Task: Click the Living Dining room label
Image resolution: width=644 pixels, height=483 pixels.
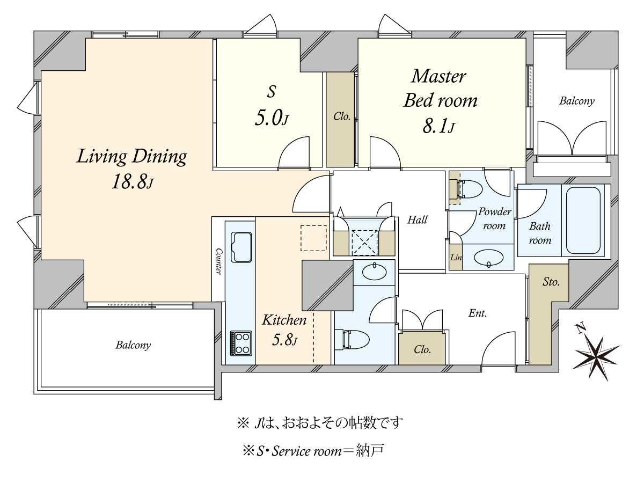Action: pos(131,157)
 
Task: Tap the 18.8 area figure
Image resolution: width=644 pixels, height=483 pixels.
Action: pos(133,182)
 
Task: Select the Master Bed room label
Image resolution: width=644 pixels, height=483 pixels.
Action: pos(440,88)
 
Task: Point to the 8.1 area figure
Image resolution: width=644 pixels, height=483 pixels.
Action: pos(438,127)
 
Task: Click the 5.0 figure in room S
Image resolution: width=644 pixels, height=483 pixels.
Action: pos(272,118)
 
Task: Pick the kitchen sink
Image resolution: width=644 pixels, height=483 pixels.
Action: pos(241,247)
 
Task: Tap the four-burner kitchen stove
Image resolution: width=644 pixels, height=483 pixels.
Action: pos(241,343)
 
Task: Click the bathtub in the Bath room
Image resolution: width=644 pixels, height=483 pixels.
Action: pos(583,220)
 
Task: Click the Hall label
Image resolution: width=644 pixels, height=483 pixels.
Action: pos(417,219)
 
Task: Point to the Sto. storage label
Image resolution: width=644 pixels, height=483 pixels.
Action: pos(551,282)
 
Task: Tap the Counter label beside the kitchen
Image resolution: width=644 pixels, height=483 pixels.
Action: pos(218,261)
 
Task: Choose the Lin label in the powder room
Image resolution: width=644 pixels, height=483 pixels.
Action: pos(456,258)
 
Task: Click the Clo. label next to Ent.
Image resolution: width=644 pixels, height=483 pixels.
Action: pos(422,349)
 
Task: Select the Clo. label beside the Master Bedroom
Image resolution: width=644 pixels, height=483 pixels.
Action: pos(342,116)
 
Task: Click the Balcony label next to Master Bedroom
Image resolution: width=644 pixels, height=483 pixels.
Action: pos(577,101)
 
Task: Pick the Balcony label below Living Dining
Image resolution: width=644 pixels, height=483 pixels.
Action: pos(133,345)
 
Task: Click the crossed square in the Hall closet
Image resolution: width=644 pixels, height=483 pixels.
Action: pos(364,243)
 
